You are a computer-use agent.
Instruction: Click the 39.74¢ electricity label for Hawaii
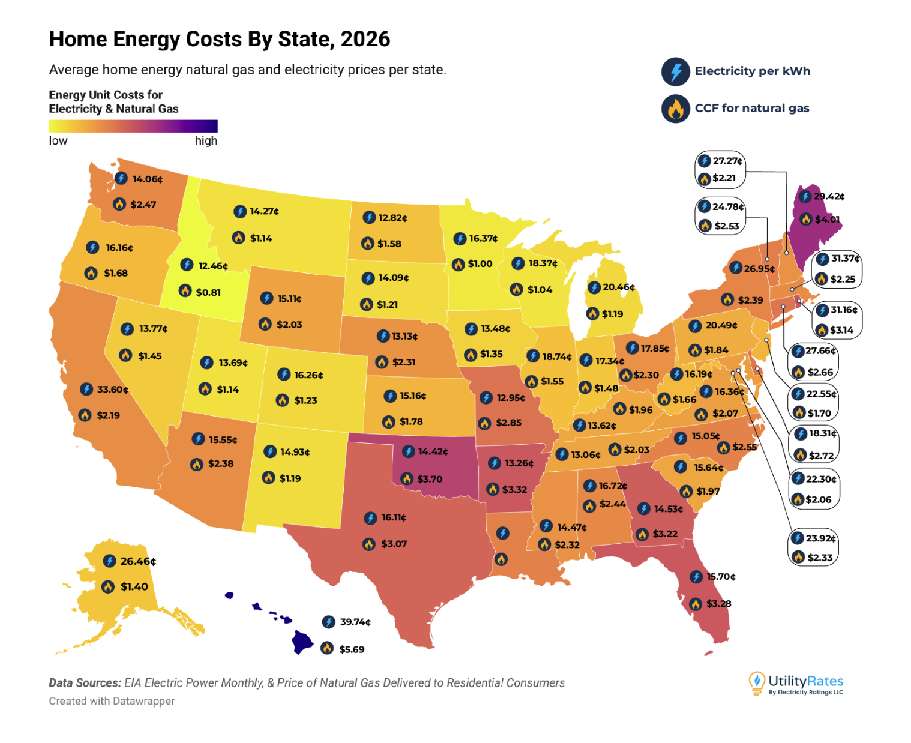click(355, 622)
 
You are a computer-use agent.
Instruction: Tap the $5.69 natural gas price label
click(352, 649)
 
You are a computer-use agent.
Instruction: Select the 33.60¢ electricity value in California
click(112, 390)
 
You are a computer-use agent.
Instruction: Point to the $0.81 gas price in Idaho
click(208, 292)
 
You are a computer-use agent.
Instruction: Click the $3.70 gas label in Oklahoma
click(430, 479)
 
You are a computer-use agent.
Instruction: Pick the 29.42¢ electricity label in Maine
click(829, 196)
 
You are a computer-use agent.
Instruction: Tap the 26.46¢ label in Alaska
click(137, 561)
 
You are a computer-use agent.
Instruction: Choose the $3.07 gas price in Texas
click(394, 544)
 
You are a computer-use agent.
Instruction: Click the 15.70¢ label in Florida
click(721, 577)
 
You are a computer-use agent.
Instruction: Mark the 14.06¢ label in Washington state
click(147, 179)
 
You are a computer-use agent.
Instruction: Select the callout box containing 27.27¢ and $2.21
click(720, 170)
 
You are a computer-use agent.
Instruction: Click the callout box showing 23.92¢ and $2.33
click(813, 547)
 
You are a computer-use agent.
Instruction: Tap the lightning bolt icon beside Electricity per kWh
click(676, 71)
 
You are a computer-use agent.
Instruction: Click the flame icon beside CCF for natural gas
click(676, 109)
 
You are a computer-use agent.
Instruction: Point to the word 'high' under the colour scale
click(206, 141)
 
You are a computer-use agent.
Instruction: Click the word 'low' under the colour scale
click(58, 141)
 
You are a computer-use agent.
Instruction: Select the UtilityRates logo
click(796, 684)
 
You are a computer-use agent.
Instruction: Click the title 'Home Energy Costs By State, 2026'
click(220, 39)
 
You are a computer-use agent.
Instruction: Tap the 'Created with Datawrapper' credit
click(112, 701)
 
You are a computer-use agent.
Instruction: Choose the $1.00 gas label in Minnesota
click(480, 264)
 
